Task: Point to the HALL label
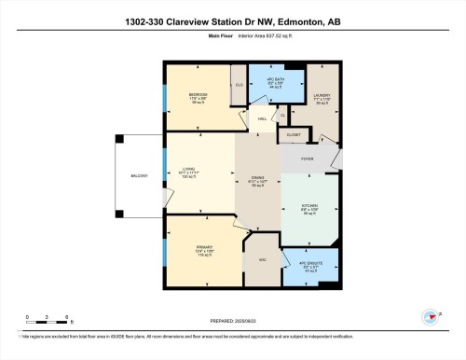tap(264, 118)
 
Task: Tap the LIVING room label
tap(198, 169)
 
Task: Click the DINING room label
tap(258, 177)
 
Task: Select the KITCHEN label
tap(310, 205)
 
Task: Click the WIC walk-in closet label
tap(263, 259)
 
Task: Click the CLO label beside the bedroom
tap(239, 84)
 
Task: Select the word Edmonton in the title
tap(290, 22)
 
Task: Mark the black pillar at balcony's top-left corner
tap(118, 139)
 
